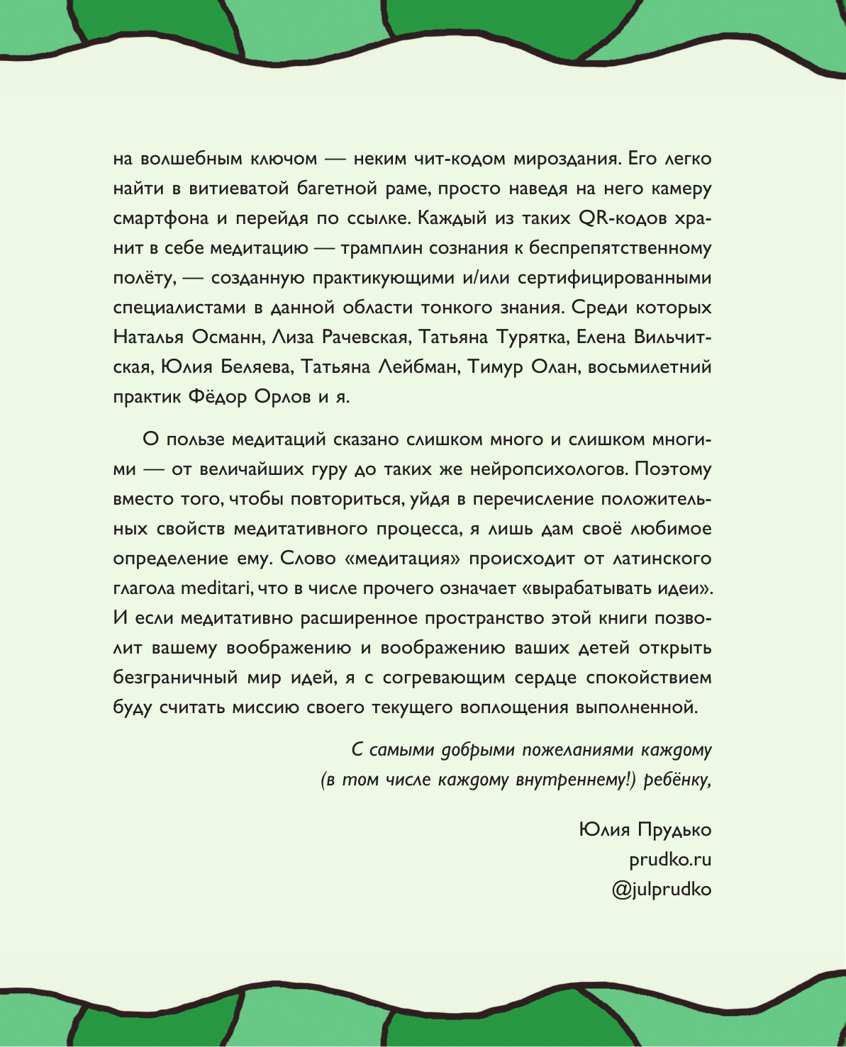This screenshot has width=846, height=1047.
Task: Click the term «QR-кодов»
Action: coord(623,218)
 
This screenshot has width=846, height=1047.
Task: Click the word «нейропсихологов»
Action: coord(536,469)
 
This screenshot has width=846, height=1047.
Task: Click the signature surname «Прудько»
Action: coord(674,829)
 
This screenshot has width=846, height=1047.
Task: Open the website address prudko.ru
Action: coord(670,859)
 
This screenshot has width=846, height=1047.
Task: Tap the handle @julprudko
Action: coord(661,889)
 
